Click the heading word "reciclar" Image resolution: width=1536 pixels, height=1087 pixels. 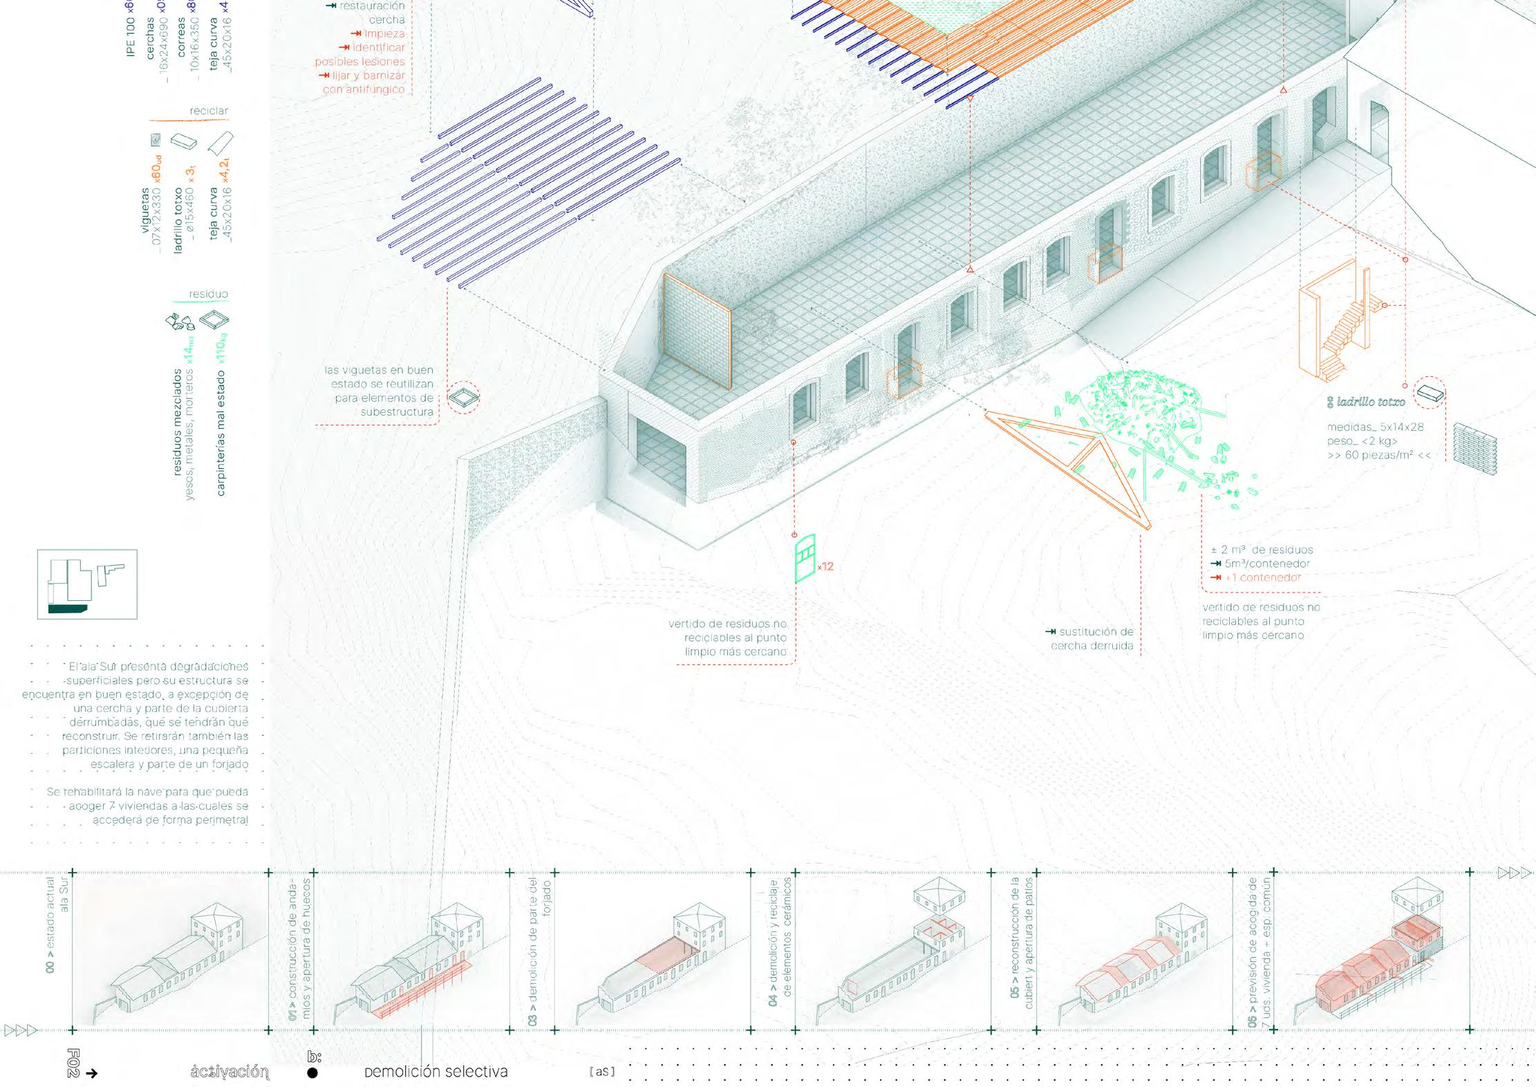pyautogui.click(x=208, y=111)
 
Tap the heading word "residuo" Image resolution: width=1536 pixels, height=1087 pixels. pyautogui.click(x=208, y=294)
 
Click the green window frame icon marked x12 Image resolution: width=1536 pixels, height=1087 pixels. pyautogui.click(x=805, y=557)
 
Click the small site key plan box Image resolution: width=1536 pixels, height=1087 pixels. pyautogui.click(x=87, y=584)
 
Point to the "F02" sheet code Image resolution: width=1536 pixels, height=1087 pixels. pyautogui.click(x=74, y=1063)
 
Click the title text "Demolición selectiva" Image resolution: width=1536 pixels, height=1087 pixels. pyautogui.click(x=436, y=1072)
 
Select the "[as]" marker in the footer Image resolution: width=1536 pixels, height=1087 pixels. pyautogui.click(x=602, y=1072)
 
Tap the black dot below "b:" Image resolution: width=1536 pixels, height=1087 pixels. pyautogui.click(x=312, y=1073)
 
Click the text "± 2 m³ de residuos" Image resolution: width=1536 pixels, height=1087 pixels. pyautogui.click(x=1262, y=550)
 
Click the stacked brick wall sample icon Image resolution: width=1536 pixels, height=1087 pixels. pyautogui.click(x=1474, y=449)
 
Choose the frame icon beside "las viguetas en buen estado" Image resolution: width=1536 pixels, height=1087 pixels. pyautogui.click(x=463, y=398)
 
